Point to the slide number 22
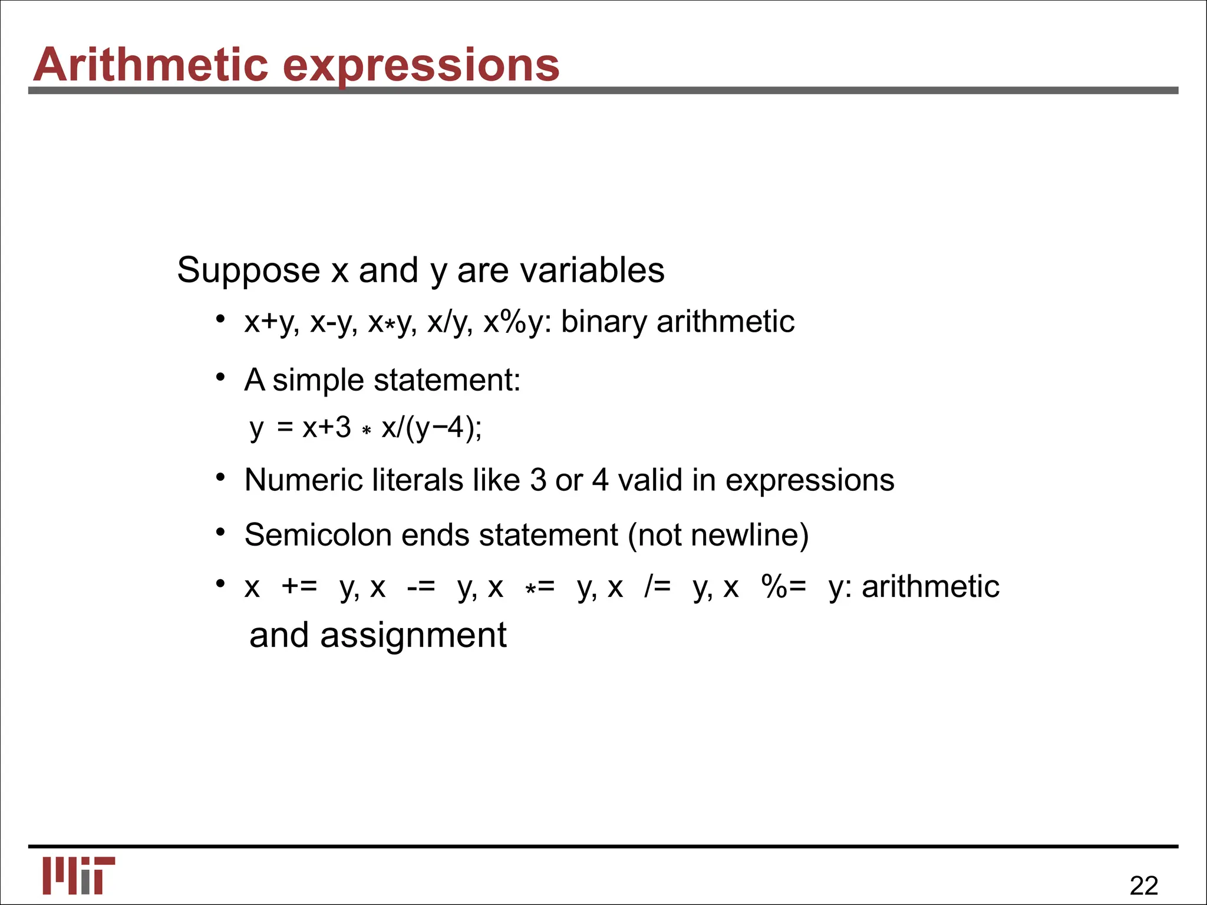point(1143,886)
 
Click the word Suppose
point(248,270)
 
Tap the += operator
point(299,587)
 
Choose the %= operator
point(783,587)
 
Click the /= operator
point(657,587)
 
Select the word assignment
point(413,635)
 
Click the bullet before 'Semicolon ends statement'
point(220,533)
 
